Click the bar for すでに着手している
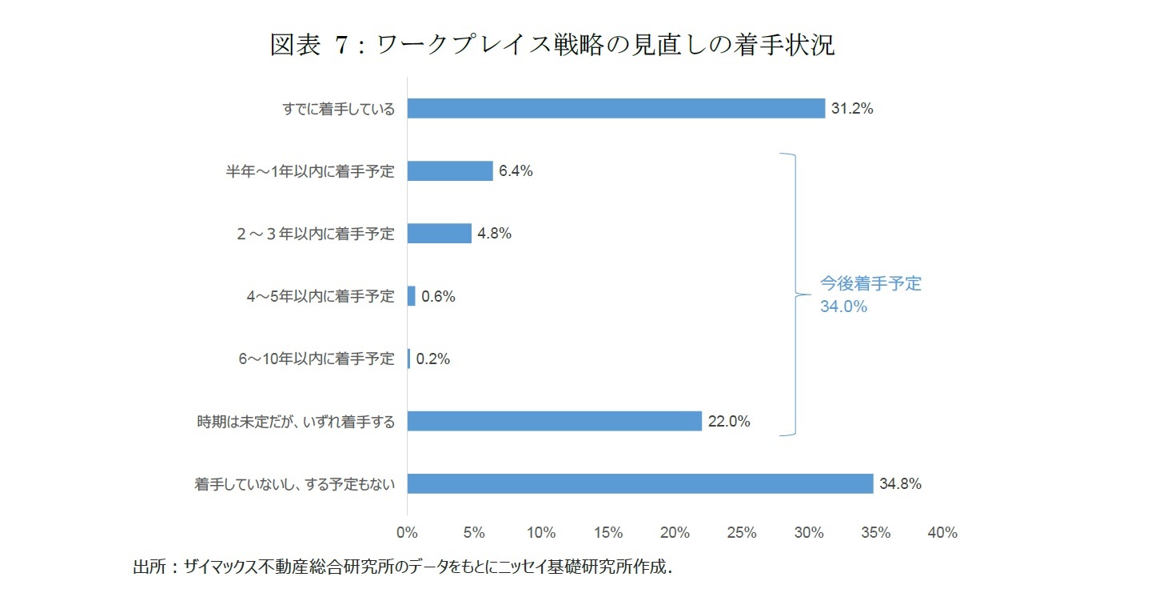615,108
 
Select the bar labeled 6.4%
450,170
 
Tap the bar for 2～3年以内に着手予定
439,233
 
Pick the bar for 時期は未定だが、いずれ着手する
554,421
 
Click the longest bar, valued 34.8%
639,483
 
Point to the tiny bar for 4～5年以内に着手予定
412,296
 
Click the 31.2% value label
852,108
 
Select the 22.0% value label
729,421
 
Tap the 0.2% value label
433,359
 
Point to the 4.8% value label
494,234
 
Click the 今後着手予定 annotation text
870,284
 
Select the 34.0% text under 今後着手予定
843,307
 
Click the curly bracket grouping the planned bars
794,294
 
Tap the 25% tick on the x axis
742,533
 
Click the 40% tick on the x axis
942,533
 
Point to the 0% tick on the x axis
407,533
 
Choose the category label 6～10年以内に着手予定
317,359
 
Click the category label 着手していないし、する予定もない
295,483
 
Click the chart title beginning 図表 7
552,46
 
